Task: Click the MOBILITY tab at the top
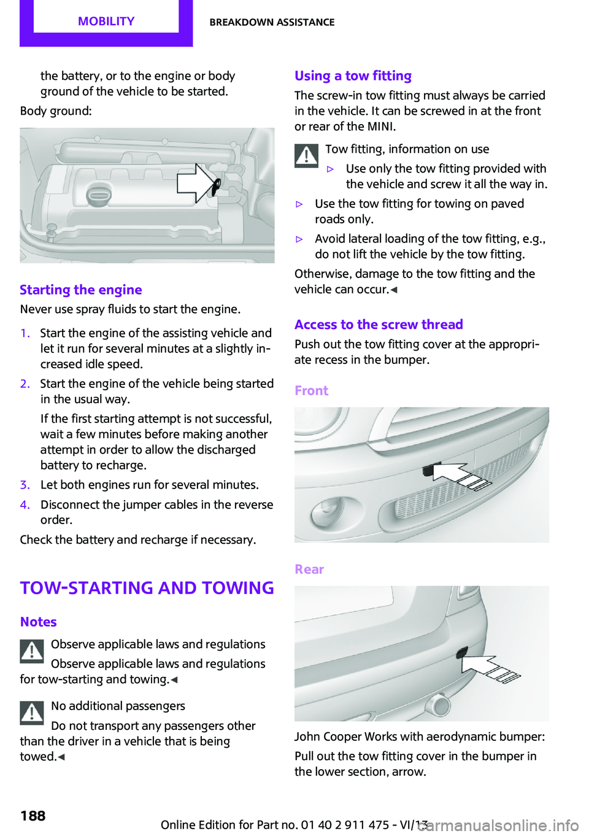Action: tap(106, 21)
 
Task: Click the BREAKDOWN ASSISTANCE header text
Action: tap(272, 22)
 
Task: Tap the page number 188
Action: tap(33, 816)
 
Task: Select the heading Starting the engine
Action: tap(81, 290)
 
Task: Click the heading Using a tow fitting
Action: tap(353, 75)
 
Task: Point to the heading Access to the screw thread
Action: tap(379, 324)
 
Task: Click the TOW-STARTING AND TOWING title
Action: tap(147, 587)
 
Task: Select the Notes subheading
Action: tap(38, 622)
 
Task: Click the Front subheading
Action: tap(311, 390)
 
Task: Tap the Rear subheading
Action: tap(309, 569)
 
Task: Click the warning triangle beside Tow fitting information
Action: tap(306, 155)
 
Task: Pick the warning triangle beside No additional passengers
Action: tap(32, 713)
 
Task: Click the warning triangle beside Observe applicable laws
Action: tap(32, 651)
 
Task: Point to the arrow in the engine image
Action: tap(196, 183)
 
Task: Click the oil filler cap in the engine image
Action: tap(98, 196)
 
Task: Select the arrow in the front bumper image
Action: tap(460, 476)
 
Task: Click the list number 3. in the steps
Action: tap(25, 485)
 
